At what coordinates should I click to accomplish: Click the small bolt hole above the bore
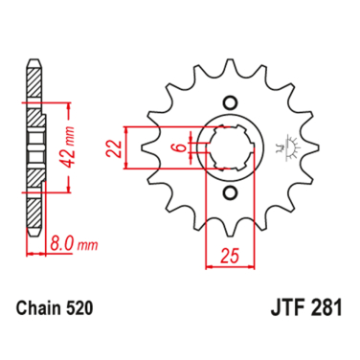coord(229,101)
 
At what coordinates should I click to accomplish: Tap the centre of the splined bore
coord(229,147)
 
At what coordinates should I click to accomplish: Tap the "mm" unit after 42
coord(64,126)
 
